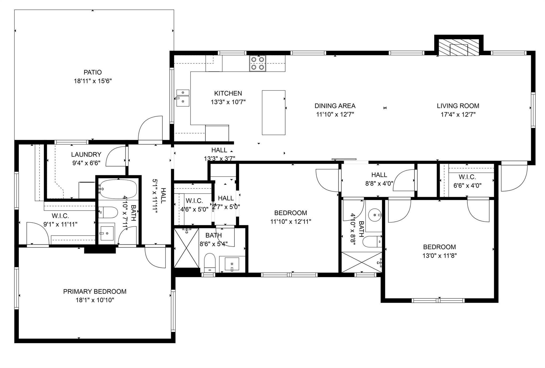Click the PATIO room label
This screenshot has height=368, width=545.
pos(93,72)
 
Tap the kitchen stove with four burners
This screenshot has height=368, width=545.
pos(258,63)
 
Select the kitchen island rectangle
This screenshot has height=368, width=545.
pos(274,112)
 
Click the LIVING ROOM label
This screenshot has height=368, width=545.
pos(458,106)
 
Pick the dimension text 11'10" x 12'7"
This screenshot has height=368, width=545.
pos(335,115)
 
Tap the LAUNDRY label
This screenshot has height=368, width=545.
pos(86,154)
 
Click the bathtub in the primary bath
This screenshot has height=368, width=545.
pos(118,189)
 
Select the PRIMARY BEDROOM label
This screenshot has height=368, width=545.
pos(95,291)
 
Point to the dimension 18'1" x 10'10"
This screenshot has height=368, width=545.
pos(95,300)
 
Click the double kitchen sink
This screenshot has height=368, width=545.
pos(183,98)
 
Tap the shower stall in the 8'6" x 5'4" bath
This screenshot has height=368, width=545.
pos(186,248)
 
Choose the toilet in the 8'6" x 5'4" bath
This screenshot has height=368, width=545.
pos(210,263)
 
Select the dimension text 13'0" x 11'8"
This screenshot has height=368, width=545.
pos(440,256)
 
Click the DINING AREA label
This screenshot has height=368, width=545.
pos(335,106)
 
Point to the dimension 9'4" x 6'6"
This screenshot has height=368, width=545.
pos(86,163)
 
